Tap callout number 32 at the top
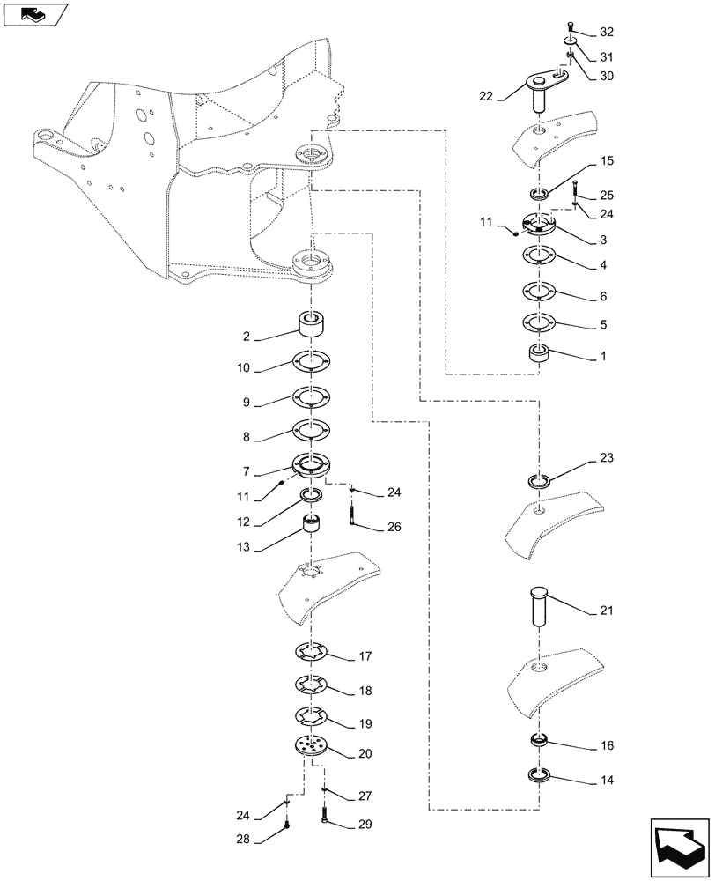tap(606, 33)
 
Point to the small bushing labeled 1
tap(540, 355)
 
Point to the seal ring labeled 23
tap(539, 480)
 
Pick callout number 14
tap(606, 781)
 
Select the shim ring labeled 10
tap(308, 362)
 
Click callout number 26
tap(393, 528)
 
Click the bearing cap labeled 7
tap(309, 464)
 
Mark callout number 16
tap(606, 745)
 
